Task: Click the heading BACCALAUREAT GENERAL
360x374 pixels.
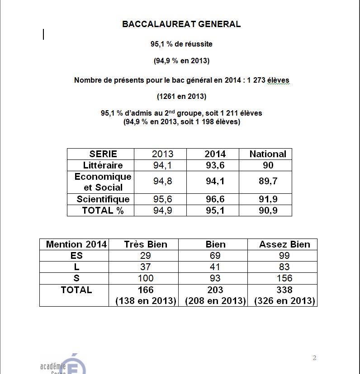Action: point(181,24)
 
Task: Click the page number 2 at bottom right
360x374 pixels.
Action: point(314,358)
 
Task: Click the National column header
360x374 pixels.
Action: point(268,154)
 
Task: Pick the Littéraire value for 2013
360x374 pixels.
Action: point(162,165)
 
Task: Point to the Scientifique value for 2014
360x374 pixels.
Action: point(215,199)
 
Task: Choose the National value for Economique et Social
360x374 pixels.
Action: point(268,182)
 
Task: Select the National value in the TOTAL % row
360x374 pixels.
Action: point(268,210)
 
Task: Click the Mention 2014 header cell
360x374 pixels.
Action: point(76,244)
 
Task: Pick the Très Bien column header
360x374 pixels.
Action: point(146,244)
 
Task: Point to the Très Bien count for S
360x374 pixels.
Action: point(146,278)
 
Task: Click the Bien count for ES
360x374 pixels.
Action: point(215,256)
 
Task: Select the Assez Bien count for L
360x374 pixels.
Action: point(284,267)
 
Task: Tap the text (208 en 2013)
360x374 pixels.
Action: point(215,301)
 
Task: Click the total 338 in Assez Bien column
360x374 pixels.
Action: point(284,290)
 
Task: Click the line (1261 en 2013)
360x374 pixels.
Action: point(181,96)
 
